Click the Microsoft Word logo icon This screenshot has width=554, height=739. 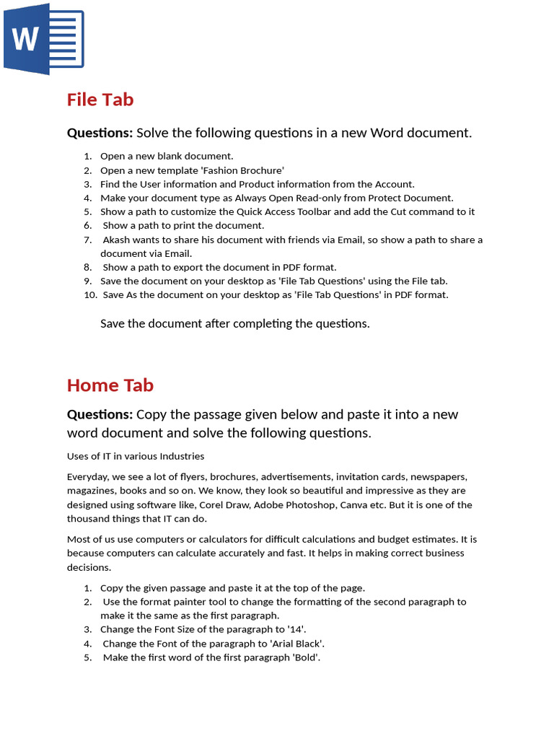pos(43,39)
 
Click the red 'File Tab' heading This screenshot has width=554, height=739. pos(100,100)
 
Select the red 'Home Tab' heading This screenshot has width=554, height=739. pos(110,385)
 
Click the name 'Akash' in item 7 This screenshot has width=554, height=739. pos(118,240)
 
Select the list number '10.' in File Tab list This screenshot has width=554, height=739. pos(90,294)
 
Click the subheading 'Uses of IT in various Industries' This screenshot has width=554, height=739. pos(136,456)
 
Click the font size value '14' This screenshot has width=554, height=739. pos(294,629)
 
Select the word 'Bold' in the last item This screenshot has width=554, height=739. pos(305,657)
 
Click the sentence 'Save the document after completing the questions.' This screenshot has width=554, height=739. pos(234,323)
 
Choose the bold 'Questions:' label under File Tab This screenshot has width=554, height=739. pos(100,133)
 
